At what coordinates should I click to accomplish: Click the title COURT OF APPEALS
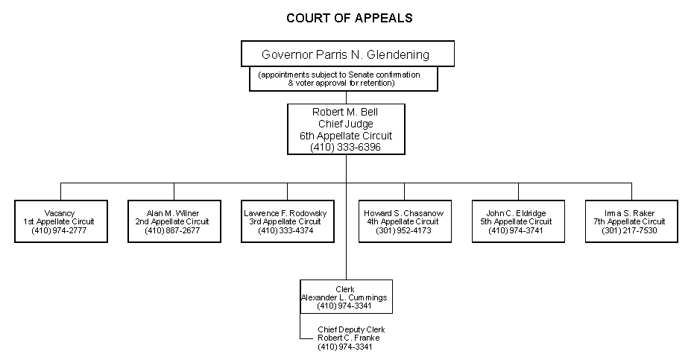point(349,17)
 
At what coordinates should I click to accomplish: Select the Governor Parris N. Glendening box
point(346,54)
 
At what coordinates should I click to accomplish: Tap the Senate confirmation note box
point(344,78)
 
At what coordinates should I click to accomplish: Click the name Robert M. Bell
point(345,113)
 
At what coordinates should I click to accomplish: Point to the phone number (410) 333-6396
point(345,148)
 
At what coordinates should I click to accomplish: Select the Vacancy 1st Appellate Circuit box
point(60,221)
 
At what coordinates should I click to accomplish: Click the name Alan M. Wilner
point(173,213)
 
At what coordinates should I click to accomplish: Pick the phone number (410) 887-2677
point(173,230)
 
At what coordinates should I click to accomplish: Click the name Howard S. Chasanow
point(404,213)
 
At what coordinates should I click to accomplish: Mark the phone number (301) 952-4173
point(404,230)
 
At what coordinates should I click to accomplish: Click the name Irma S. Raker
point(631,213)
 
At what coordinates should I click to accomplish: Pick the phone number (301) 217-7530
point(631,230)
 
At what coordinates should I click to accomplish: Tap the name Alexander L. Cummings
point(344,297)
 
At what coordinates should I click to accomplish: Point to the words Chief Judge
point(345,124)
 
